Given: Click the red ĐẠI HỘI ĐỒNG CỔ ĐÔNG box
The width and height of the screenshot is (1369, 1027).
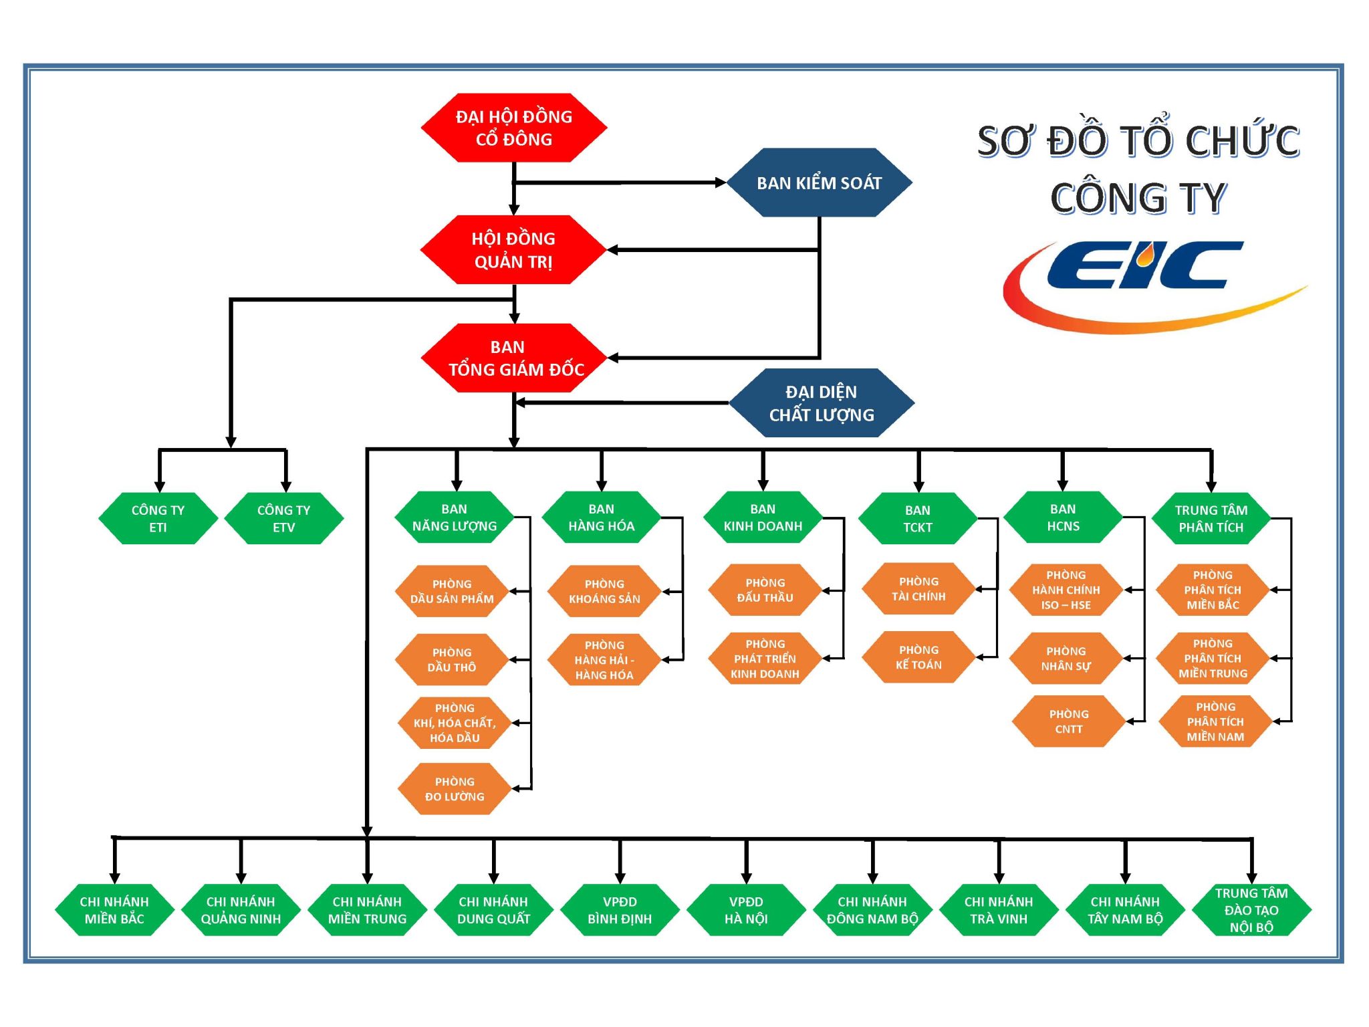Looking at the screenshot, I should (x=513, y=128).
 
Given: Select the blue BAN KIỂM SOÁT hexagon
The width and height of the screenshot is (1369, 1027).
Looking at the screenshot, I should (x=819, y=183).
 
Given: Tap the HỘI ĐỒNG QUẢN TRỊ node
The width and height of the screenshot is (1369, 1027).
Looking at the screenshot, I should (x=513, y=249).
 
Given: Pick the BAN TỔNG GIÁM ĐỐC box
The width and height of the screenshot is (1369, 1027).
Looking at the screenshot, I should (x=513, y=358).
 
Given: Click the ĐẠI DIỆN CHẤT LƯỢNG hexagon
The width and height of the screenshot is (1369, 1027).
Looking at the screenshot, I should (x=821, y=403).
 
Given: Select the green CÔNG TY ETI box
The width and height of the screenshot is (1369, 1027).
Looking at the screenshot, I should (x=158, y=518).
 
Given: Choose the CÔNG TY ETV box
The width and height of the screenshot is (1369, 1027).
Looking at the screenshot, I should (x=283, y=518).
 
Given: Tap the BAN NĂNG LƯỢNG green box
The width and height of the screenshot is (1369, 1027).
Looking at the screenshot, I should (x=455, y=518).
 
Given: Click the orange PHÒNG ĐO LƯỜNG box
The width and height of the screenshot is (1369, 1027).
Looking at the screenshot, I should (x=455, y=789).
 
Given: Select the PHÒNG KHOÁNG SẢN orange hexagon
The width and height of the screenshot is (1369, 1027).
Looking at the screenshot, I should (x=604, y=591).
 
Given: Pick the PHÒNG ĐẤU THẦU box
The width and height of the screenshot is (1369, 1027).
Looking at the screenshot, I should (x=765, y=590).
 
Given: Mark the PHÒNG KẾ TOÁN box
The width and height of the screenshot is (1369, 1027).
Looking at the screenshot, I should (x=918, y=657).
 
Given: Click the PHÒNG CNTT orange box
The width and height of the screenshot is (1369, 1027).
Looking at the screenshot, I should (x=1068, y=721).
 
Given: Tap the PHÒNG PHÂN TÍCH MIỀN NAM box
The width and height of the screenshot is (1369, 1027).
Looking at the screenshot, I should (x=1215, y=721).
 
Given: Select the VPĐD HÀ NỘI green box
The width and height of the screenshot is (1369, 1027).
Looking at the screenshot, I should (x=746, y=910).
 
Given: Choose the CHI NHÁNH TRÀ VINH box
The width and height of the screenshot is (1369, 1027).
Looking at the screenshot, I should (x=999, y=910).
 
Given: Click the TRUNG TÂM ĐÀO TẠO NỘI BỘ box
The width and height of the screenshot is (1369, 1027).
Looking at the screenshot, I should (x=1251, y=910).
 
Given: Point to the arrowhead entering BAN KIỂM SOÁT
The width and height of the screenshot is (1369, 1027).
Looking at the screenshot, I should (x=721, y=183).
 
